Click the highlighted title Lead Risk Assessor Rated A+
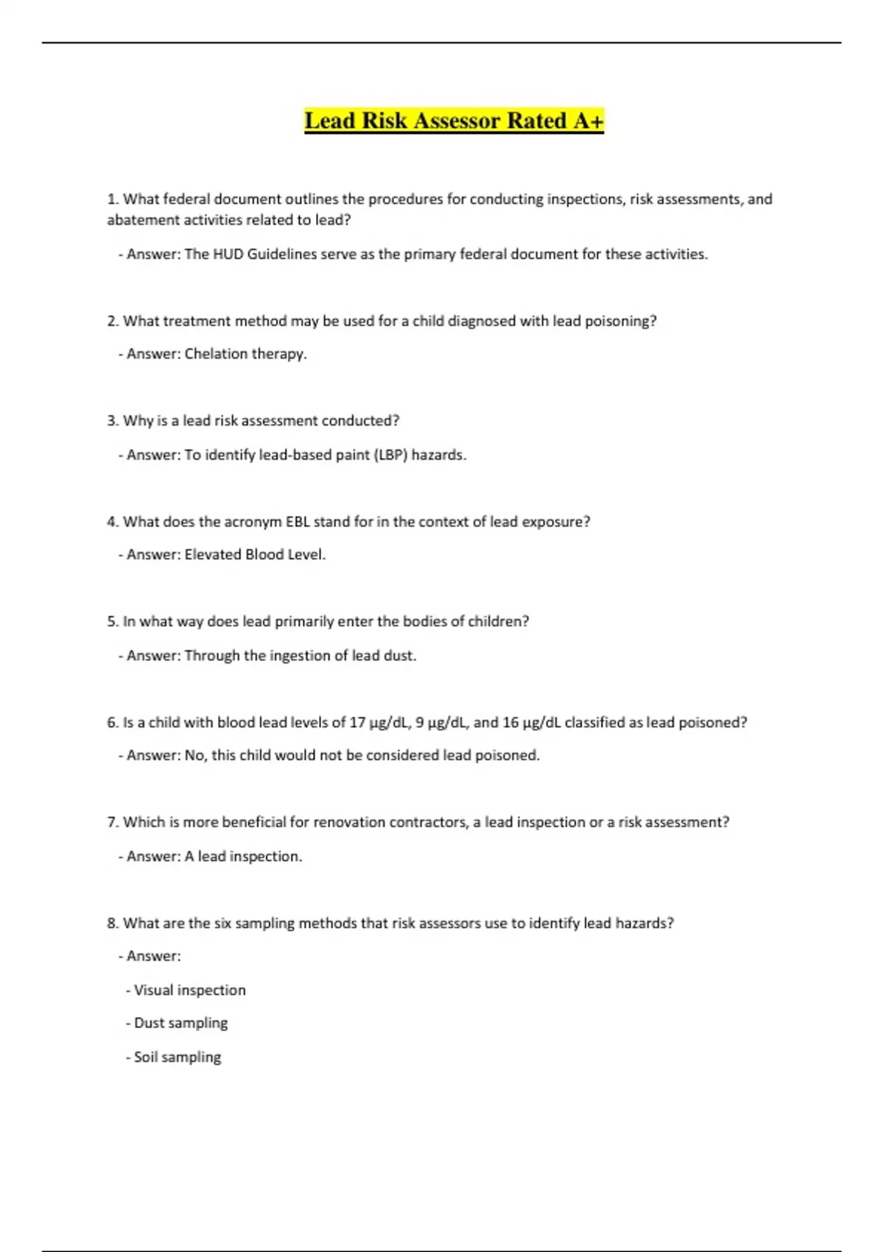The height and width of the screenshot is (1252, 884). pyautogui.click(x=454, y=121)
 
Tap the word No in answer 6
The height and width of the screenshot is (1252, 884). pyautogui.click(x=194, y=756)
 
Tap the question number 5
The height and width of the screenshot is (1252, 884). pyautogui.click(x=112, y=622)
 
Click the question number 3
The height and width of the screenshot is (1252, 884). pyautogui.click(x=112, y=421)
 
